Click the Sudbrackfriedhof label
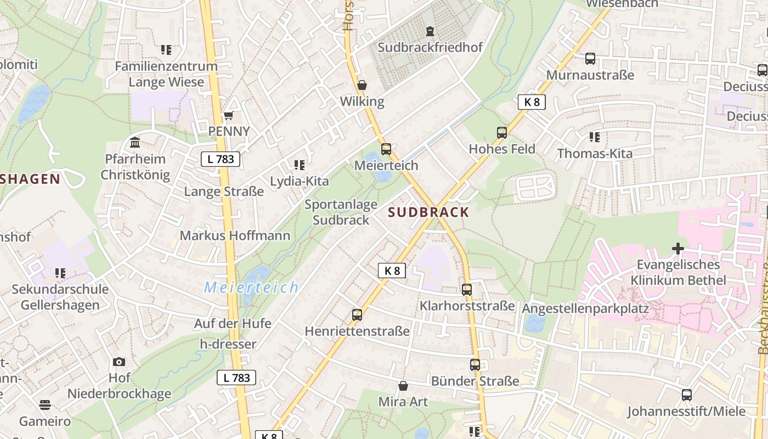click(x=430, y=47)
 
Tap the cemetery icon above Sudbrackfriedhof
click(x=430, y=31)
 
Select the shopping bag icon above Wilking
click(x=362, y=85)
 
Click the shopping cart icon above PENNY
click(x=229, y=115)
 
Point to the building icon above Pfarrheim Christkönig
click(x=135, y=143)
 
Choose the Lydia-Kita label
click(x=300, y=181)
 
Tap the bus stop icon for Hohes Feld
click(x=502, y=132)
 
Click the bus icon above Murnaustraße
click(x=590, y=59)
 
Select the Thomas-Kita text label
click(x=595, y=154)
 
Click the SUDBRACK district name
click(x=429, y=212)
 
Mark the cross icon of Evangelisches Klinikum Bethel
click(x=678, y=249)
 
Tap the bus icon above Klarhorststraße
click(x=467, y=290)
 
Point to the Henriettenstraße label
click(x=357, y=331)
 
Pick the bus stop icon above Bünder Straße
click(x=475, y=365)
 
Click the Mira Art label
click(x=403, y=402)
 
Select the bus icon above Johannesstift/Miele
click(x=687, y=395)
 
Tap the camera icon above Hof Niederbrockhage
click(x=119, y=362)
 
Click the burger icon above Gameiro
click(x=45, y=405)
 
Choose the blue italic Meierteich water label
click(x=252, y=287)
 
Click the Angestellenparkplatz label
click(x=585, y=308)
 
